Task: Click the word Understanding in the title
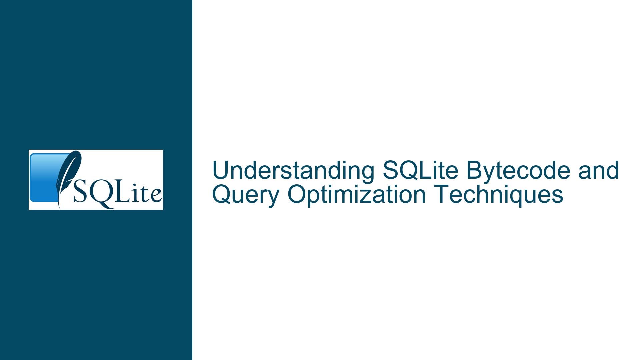tap(293, 171)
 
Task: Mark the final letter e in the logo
tap(156, 196)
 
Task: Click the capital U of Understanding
tap(221, 171)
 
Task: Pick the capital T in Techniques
tap(441, 195)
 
